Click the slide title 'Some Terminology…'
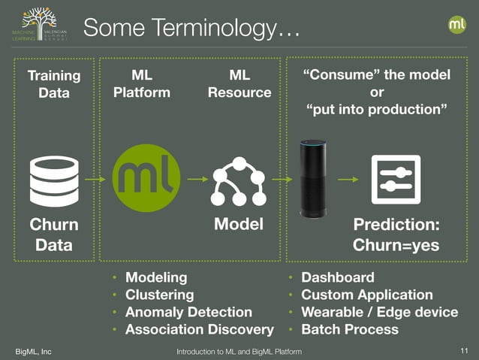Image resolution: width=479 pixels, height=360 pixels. [x=191, y=28]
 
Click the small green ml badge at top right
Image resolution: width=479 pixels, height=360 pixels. [x=457, y=24]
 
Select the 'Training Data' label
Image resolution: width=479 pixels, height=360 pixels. [x=53, y=84]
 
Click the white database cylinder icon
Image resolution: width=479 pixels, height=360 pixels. [x=53, y=180]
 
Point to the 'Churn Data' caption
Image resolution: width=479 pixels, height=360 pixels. [x=53, y=235]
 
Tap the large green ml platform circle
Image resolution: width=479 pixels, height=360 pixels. [x=146, y=178]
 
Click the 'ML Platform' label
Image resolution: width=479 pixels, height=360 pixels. [x=141, y=84]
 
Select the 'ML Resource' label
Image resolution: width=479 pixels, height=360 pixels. [x=239, y=84]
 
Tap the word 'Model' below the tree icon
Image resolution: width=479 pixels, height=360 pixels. [x=239, y=225]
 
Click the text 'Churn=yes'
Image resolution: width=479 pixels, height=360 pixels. [x=396, y=246]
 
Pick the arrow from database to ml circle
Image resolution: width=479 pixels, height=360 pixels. [x=95, y=180]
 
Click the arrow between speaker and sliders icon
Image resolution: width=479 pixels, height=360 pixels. [x=348, y=180]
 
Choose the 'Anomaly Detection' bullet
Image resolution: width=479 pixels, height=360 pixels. [x=188, y=312]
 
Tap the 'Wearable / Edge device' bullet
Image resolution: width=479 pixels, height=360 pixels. [x=378, y=312]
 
